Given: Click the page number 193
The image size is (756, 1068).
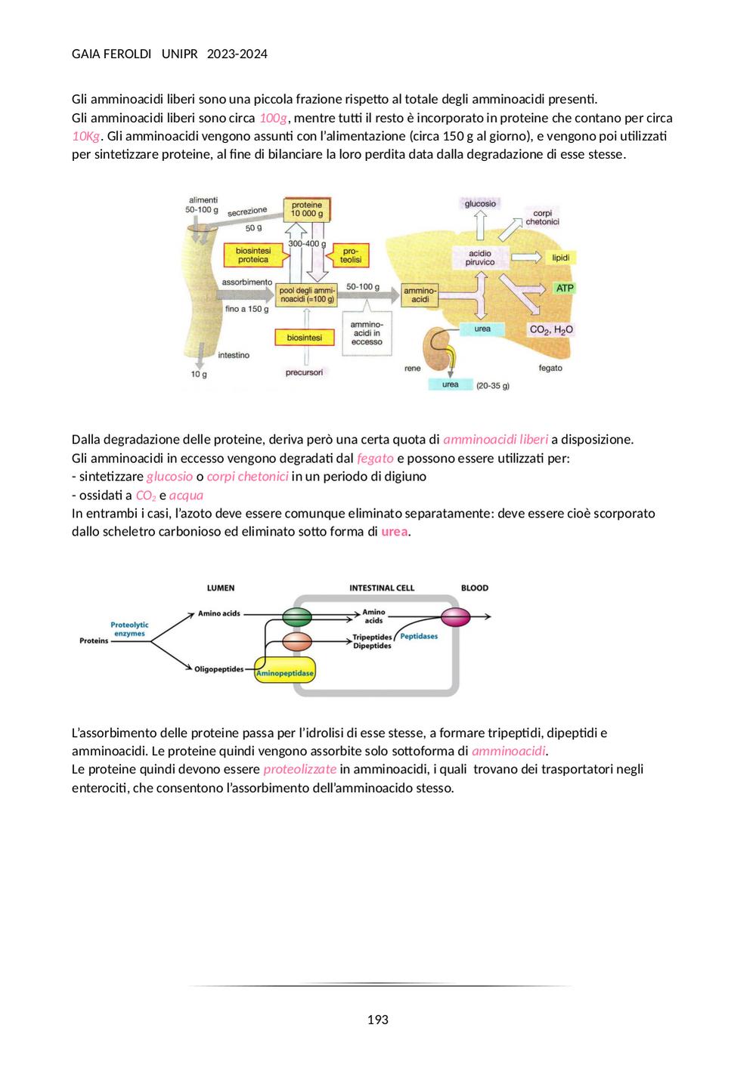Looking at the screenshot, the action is click(377, 1020).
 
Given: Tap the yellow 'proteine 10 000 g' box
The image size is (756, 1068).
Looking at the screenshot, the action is click(307, 210).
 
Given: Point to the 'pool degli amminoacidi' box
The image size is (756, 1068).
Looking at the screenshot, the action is click(308, 295).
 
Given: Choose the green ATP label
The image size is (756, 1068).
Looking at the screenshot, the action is click(565, 288).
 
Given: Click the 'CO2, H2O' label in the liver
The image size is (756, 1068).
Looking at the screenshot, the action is click(551, 329).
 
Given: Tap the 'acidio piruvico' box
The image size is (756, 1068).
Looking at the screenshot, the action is click(480, 258).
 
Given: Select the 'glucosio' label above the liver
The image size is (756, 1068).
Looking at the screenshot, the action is click(480, 204).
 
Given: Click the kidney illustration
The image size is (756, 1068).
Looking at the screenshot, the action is click(439, 348).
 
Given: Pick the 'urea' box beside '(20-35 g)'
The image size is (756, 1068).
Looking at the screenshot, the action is click(450, 384).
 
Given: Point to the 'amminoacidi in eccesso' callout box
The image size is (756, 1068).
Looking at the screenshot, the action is click(367, 333).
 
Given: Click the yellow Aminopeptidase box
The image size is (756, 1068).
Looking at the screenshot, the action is click(285, 669).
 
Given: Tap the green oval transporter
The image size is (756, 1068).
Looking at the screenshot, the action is click(297, 616).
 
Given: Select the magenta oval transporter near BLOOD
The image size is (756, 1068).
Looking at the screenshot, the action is click(455, 617).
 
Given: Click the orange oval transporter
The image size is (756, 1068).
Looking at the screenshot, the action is click(297, 642).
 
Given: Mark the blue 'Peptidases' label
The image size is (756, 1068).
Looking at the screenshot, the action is click(419, 636).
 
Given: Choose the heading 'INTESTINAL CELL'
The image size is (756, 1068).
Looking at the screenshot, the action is click(382, 588).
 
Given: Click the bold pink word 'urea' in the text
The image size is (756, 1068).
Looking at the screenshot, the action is click(394, 531).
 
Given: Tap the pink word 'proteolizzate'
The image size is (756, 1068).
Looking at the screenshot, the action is click(299, 769).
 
